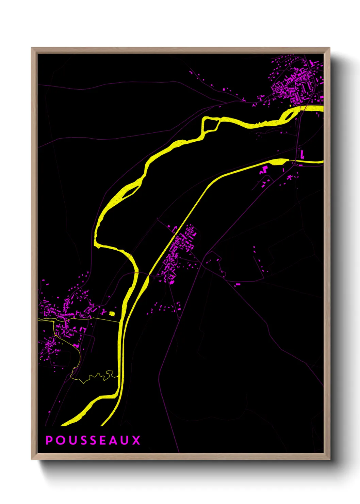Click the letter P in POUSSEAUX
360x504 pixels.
pos(49,440)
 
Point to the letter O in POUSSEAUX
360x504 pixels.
pos(60,440)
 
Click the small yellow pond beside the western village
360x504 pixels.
pos(112,313)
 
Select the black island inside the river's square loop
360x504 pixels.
pos(211,125)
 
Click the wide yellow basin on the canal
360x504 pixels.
pos(277,161)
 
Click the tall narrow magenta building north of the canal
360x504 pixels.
pos(301,154)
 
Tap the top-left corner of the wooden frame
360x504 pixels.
pos(32,48)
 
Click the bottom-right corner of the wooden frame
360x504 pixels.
pos(329,459)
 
